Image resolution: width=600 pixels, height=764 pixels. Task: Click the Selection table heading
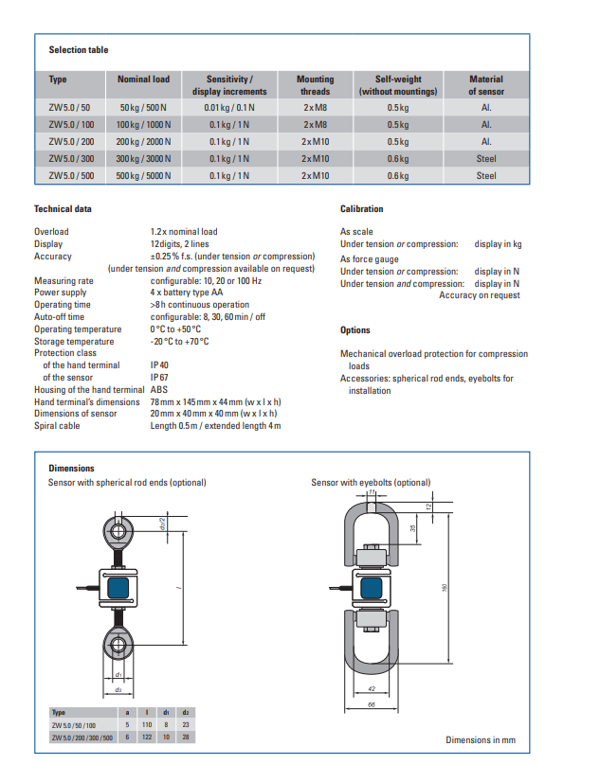tap(79, 50)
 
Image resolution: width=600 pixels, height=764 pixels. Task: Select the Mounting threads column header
tap(316, 85)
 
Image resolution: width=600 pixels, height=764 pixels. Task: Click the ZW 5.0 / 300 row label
tap(71, 158)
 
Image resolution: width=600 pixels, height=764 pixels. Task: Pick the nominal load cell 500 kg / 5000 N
tap(144, 175)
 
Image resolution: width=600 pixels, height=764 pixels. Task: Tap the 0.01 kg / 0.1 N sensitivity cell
tap(229, 107)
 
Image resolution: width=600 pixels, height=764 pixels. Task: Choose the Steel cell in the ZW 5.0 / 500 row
tap(486, 175)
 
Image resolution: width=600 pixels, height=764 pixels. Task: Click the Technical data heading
tap(63, 208)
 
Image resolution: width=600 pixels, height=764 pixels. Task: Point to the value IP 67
tap(160, 377)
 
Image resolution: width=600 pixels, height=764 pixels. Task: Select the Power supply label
tap(60, 293)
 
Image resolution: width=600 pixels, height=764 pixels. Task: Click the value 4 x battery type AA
tap(187, 293)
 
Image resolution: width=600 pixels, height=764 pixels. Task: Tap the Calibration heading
tap(361, 208)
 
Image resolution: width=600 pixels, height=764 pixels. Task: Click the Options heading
tap(355, 329)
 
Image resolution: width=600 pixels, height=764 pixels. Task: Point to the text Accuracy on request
tap(480, 295)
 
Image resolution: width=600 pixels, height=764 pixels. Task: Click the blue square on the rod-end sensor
tap(120, 587)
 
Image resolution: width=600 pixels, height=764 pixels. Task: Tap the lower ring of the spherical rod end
tap(119, 647)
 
